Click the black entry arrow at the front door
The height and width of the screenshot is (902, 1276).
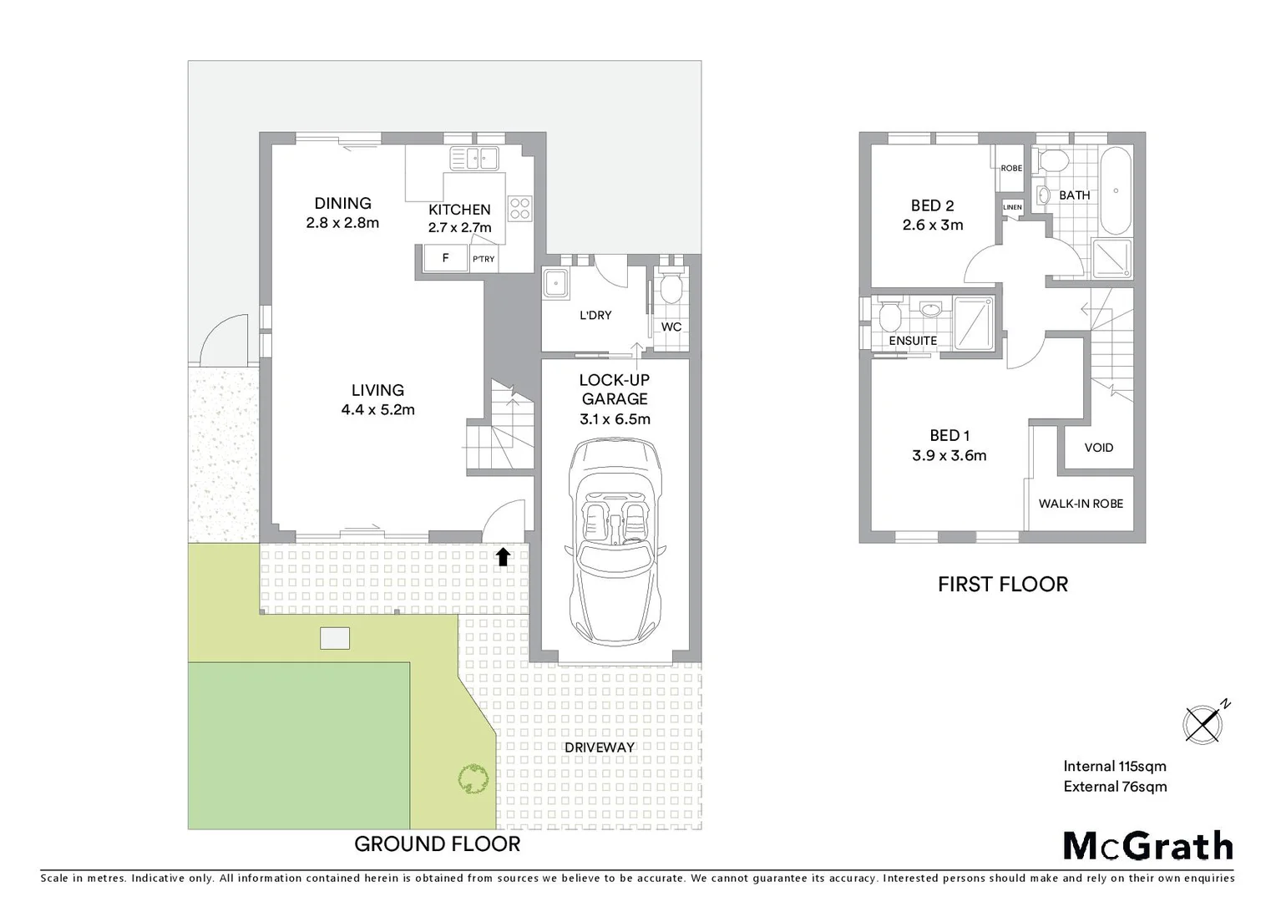[503, 557]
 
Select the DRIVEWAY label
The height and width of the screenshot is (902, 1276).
[599, 747]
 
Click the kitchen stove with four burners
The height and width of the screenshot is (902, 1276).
[519, 208]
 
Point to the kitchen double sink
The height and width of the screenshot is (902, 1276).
[473, 158]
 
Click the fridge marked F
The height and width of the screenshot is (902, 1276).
[445, 258]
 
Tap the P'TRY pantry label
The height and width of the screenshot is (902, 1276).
[484, 259]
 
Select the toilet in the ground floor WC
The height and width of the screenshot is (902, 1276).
[670, 289]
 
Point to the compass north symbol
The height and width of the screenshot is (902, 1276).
[1203, 722]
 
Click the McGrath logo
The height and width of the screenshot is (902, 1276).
[1147, 846]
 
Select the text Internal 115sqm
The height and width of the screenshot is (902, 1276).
[1114, 766]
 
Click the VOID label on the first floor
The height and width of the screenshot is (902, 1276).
[1098, 448]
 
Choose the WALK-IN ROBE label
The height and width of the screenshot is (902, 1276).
[1081, 504]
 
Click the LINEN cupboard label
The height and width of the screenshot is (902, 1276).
[1011, 207]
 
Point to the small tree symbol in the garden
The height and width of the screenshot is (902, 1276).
[473, 779]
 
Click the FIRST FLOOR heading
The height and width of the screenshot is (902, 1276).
[1002, 585]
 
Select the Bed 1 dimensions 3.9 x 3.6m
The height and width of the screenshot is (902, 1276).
[949, 456]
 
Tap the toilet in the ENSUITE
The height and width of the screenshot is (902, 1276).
[888, 317]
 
